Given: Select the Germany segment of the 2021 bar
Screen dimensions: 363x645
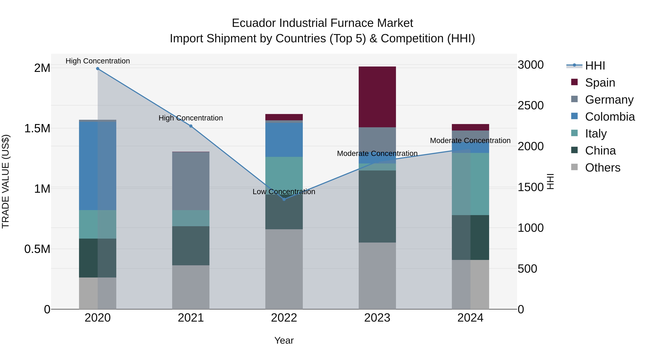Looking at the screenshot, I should coord(191,181).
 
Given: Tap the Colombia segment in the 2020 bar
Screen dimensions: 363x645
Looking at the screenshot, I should coord(98,166).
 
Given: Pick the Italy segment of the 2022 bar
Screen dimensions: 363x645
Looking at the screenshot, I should coord(284,175).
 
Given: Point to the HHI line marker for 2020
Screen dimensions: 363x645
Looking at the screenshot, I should coord(98,69).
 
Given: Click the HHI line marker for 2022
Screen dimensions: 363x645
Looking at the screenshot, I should coord(284,199).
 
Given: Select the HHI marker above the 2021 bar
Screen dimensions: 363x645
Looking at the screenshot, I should coord(191,126).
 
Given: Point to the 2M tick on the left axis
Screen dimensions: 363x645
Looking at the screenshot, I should coord(42,68).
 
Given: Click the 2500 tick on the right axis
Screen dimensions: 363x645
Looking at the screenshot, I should coord(530,105).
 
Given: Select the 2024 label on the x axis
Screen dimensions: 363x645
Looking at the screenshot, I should coord(470,318).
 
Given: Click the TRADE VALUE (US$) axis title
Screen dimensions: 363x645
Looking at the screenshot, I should coord(6,181).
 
